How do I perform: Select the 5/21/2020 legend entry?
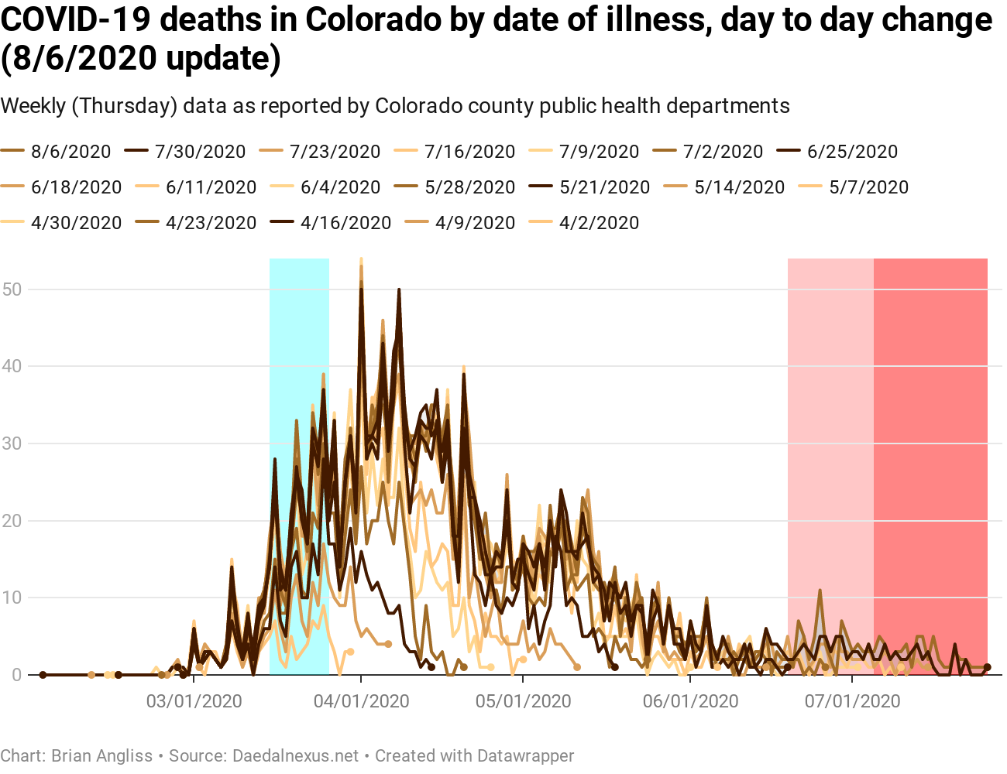point(604,187)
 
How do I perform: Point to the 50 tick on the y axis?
point(12,289)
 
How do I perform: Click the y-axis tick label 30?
point(12,444)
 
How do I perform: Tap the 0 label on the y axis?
point(16,675)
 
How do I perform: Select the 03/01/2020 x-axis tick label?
point(194,702)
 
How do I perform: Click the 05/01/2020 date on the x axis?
point(523,702)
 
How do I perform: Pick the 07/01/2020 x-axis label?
point(852,702)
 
